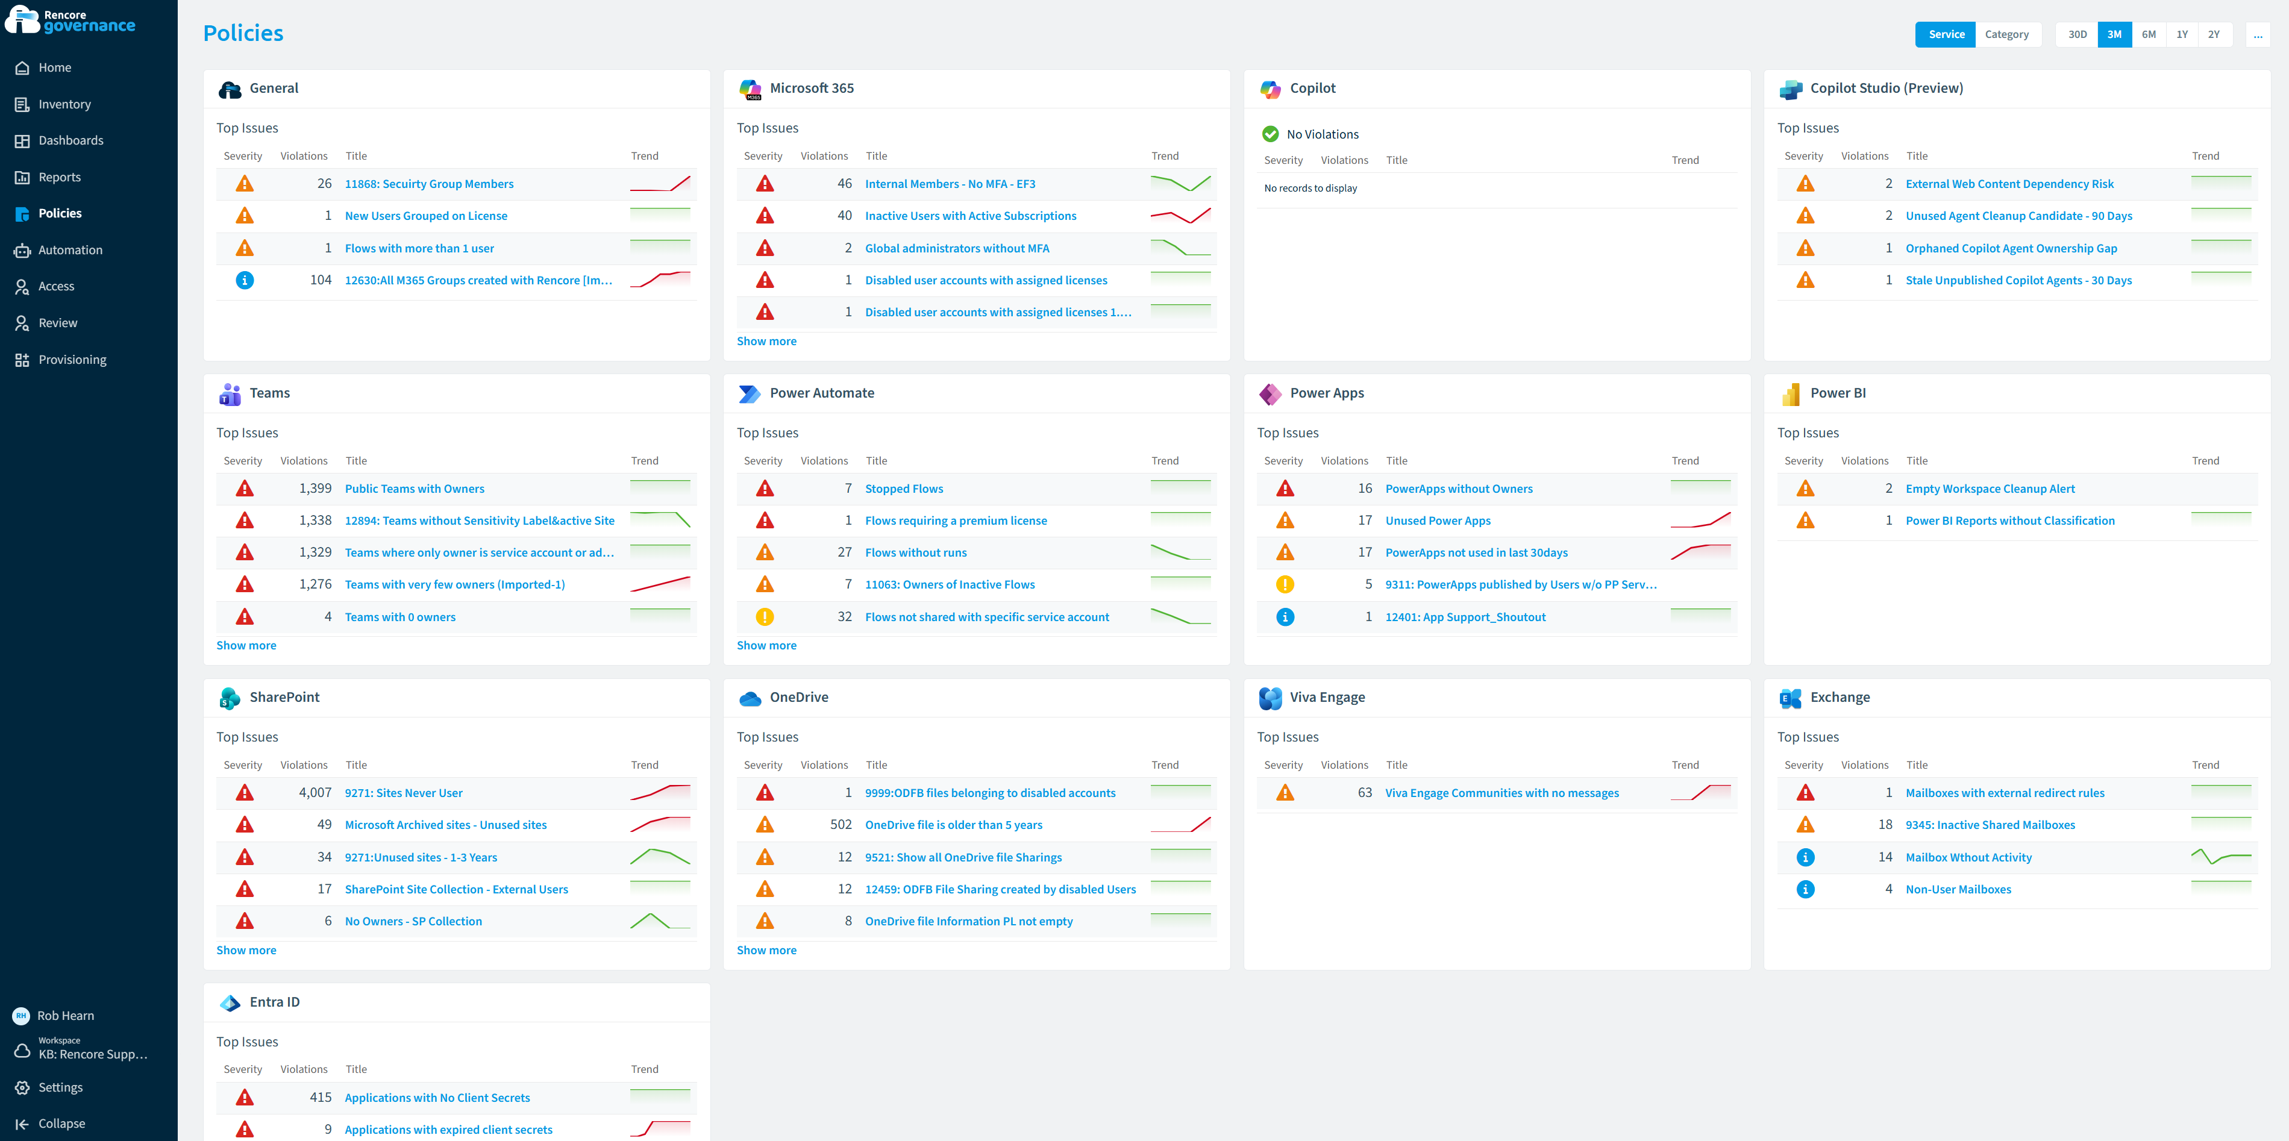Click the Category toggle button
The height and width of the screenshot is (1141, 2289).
2006,35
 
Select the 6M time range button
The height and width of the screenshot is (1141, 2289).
2148,35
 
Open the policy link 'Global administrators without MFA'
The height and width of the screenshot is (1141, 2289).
957,248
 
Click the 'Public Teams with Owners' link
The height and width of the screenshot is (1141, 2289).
414,489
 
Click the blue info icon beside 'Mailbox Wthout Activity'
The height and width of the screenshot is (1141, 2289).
1805,857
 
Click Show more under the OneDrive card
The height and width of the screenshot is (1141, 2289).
766,950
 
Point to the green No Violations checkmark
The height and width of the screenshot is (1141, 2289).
1271,134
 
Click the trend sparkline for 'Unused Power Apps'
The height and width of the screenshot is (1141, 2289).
1700,520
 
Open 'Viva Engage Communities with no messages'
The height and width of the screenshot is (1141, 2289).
1501,793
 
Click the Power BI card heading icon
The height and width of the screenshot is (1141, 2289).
1791,393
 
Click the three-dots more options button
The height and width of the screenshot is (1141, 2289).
2257,35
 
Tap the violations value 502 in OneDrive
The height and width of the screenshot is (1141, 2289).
841,825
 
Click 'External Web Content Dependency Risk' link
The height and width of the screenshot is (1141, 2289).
2009,184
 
